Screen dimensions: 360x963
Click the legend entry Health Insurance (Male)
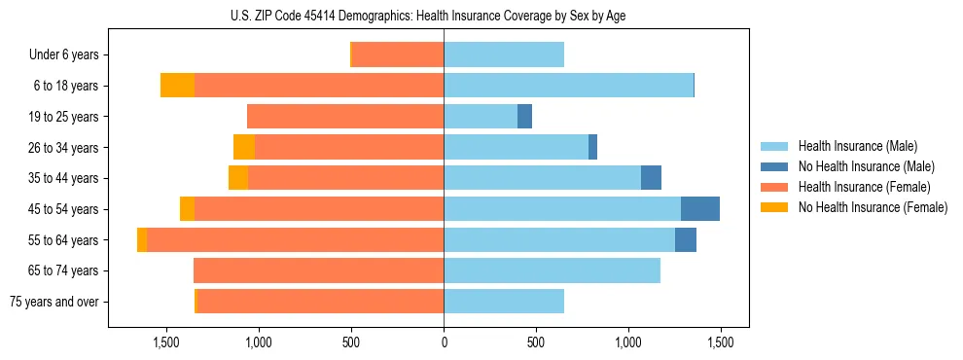click(x=857, y=146)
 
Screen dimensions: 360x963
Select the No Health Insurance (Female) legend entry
click(x=872, y=207)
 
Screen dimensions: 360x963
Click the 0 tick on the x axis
click(x=444, y=342)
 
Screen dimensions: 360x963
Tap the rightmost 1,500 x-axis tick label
click(x=721, y=342)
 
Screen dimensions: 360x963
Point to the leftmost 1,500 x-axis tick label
click(x=166, y=342)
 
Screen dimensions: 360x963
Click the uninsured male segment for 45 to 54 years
click(x=700, y=209)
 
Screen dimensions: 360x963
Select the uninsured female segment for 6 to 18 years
click(x=177, y=86)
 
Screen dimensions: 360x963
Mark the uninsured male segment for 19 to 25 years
click(x=524, y=117)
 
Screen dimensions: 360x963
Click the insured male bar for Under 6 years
click(x=504, y=55)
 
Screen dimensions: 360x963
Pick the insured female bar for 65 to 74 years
click(x=318, y=270)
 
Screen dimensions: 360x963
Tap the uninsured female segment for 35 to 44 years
click(x=238, y=178)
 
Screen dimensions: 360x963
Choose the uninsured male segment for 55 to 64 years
click(x=686, y=240)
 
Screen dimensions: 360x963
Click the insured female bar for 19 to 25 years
click(x=345, y=117)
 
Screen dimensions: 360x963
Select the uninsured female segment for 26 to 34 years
click(x=244, y=148)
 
